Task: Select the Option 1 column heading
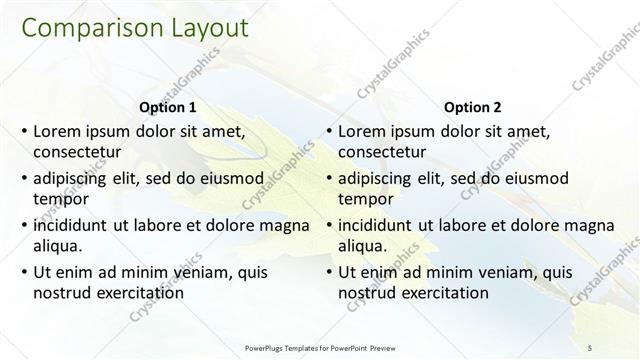(x=166, y=107)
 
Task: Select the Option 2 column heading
(x=472, y=107)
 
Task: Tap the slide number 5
(x=589, y=347)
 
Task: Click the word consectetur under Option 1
(x=78, y=151)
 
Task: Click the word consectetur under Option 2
(x=383, y=151)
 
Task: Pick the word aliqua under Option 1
(x=58, y=245)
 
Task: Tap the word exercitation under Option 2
(x=442, y=292)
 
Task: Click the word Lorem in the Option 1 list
(x=57, y=131)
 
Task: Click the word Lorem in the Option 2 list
(x=362, y=131)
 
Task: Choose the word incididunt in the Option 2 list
(x=381, y=225)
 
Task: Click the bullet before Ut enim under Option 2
(x=328, y=272)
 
